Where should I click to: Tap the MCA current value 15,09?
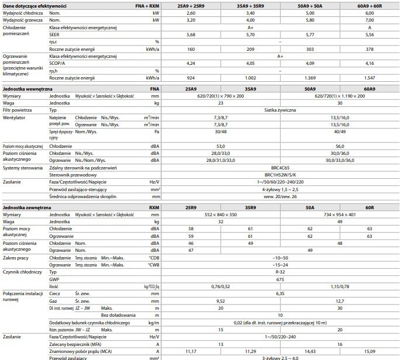click(371, 351)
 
